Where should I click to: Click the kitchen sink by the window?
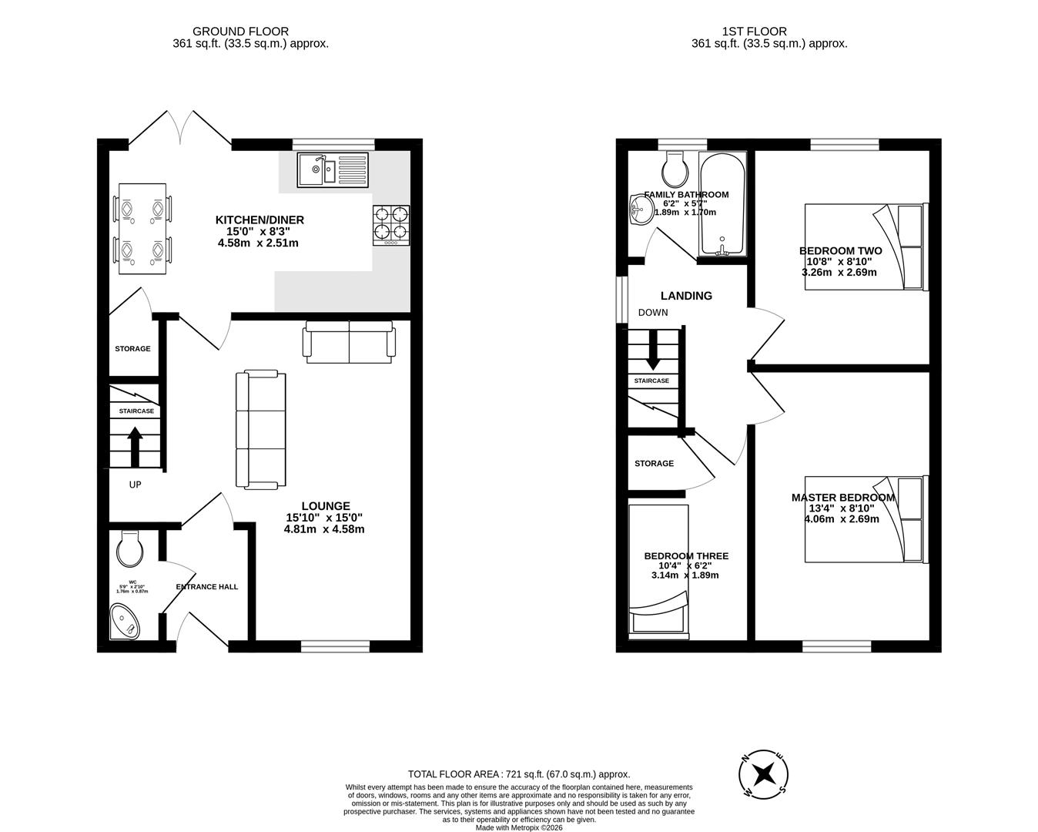point(333,169)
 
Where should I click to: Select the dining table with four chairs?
point(142,229)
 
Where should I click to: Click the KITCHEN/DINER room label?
point(259,220)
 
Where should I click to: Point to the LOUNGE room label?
point(325,506)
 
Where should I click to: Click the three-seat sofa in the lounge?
point(260,430)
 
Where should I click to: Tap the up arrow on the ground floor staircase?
point(135,445)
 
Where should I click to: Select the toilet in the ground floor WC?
point(129,549)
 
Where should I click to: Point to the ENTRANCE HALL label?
point(207,587)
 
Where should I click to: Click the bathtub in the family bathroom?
point(722,204)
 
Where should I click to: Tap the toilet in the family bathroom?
point(675,167)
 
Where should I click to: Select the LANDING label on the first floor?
point(686,296)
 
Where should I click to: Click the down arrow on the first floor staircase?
point(652,351)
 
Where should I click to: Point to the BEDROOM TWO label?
point(840,251)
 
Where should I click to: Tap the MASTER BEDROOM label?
point(843,498)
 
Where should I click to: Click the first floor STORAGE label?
point(654,464)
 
